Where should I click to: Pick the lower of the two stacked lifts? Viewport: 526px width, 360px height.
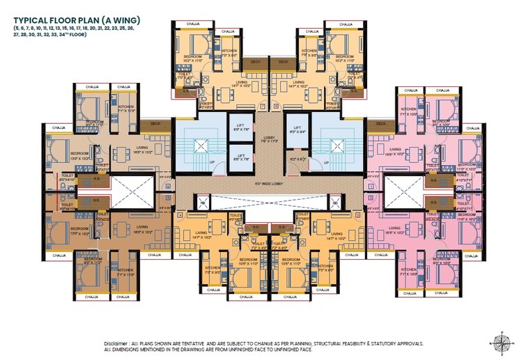(x=240, y=157)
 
